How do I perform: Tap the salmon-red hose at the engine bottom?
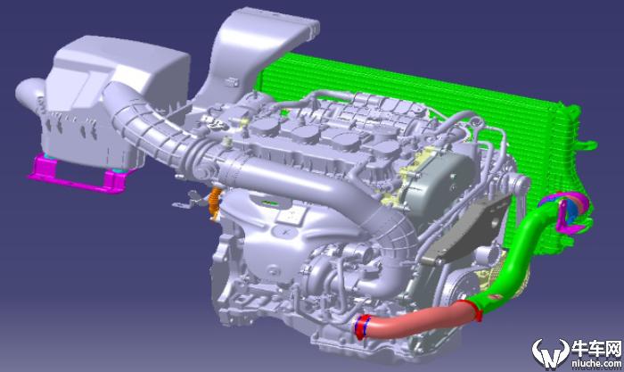pyautogui.click(x=414, y=320)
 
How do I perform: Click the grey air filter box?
pyautogui.click(x=115, y=100)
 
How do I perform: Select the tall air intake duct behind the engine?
pyautogui.click(x=255, y=56)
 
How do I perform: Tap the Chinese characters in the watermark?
pyautogui.click(x=595, y=349)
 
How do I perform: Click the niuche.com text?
pyautogui.click(x=595, y=363)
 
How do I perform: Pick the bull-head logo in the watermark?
pyautogui.click(x=551, y=353)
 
